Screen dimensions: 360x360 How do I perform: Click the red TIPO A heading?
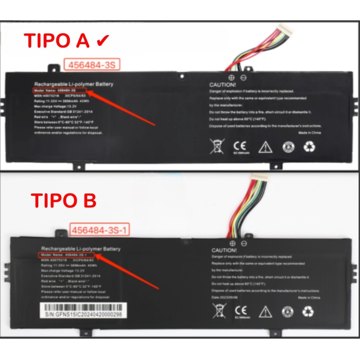coord(57,40)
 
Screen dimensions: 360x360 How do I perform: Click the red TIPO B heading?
coord(63,201)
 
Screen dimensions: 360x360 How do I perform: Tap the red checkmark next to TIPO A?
coord(103,40)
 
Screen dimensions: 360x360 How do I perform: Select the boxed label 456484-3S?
coord(92,65)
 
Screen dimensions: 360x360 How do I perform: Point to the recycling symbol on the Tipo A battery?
coord(309,146)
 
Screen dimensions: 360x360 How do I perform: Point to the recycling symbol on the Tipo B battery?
coord(309,311)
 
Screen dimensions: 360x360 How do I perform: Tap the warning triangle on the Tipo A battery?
coord(265,147)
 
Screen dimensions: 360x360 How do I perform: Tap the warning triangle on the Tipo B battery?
coord(266,311)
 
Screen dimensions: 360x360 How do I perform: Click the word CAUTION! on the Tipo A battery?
coord(222,85)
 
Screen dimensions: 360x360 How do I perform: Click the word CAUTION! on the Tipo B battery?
coord(224,250)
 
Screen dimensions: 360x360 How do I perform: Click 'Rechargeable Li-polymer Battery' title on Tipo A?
coord(74,84)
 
